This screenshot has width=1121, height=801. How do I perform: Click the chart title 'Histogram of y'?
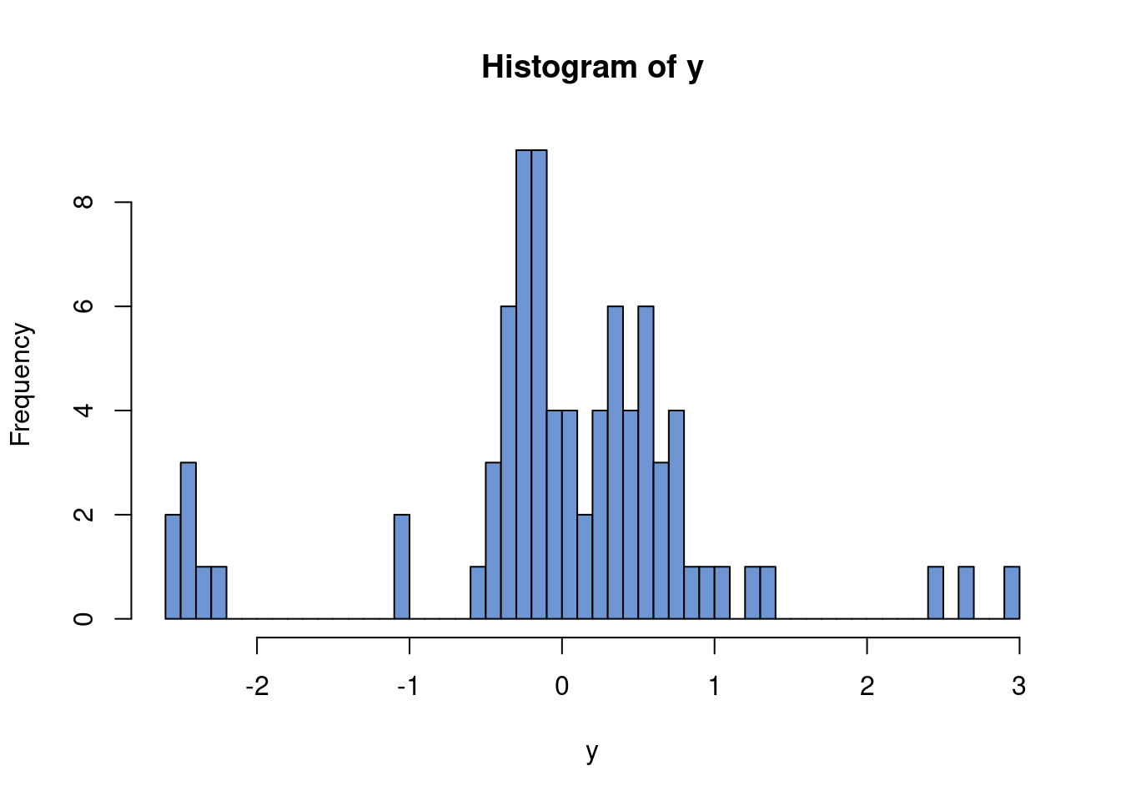[x=592, y=68]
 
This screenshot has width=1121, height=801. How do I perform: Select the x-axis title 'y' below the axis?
[x=592, y=752]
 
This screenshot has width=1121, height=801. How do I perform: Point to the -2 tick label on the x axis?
[x=256, y=687]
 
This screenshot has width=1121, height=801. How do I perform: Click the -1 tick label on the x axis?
[x=408, y=687]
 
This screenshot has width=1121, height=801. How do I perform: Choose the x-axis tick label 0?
[x=562, y=687]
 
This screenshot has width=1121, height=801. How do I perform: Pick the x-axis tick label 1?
[x=715, y=687]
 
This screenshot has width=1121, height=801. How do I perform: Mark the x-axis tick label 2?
[x=867, y=687]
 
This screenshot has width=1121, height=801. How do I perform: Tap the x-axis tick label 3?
[x=1018, y=687]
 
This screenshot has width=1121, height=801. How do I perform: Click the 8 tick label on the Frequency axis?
[x=83, y=202]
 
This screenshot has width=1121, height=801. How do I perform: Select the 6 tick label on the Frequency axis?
[x=83, y=306]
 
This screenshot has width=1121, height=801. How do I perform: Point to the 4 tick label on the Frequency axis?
[x=83, y=411]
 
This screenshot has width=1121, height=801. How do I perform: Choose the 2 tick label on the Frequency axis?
[x=83, y=515]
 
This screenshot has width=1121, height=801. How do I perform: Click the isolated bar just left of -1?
[x=402, y=567]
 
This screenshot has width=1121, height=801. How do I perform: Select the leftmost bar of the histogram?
[x=173, y=567]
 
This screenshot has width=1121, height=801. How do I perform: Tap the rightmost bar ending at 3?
[x=1012, y=593]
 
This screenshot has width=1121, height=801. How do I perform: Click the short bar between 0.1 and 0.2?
[x=585, y=567]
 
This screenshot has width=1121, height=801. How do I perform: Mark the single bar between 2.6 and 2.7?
[x=966, y=593]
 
